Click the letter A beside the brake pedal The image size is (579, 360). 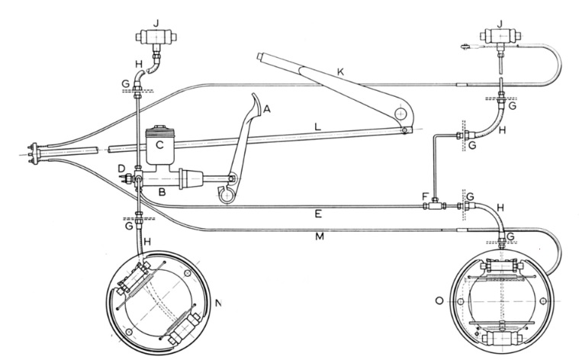(266, 110)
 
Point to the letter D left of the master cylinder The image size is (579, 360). (121, 167)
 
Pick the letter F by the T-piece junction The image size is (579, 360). (426, 196)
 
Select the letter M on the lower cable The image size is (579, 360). (320, 238)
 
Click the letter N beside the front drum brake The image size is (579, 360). (219, 304)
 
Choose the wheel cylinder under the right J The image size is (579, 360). (499, 36)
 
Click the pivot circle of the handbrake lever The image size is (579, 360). (400, 114)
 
